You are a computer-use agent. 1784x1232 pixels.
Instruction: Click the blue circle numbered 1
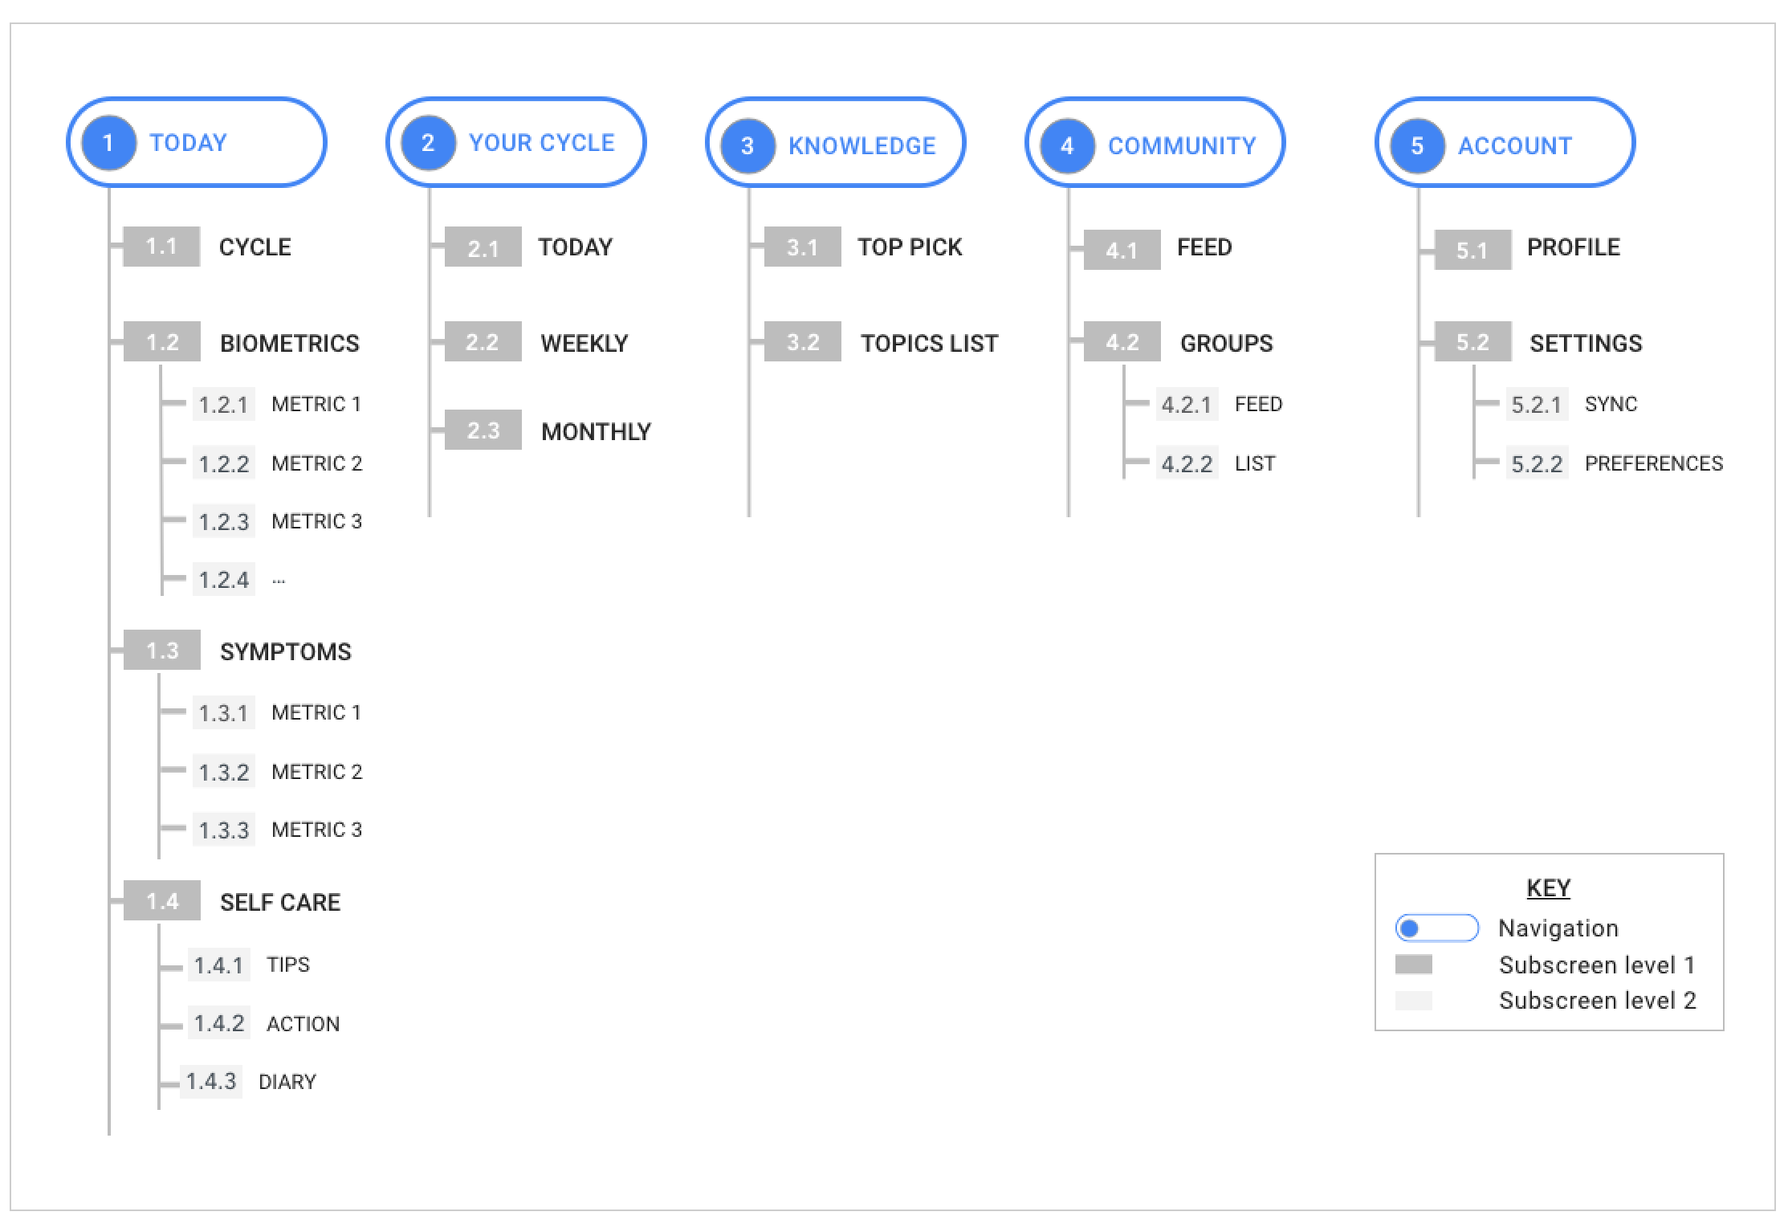108,144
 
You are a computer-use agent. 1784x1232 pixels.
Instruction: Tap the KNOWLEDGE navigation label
861,145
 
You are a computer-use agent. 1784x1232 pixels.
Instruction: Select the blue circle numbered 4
1067,145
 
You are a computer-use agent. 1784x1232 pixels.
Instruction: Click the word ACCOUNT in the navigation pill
1514,145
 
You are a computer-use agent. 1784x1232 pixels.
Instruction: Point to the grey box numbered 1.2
161,342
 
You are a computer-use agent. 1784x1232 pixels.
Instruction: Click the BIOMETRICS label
289,343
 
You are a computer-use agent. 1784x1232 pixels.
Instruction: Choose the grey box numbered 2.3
483,430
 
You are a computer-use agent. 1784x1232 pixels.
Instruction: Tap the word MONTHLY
596,431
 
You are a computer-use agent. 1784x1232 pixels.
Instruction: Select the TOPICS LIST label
929,343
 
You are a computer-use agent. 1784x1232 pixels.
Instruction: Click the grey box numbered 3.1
802,247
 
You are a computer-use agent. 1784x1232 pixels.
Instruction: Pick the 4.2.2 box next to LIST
1187,463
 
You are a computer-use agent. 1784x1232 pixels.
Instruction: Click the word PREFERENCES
1653,463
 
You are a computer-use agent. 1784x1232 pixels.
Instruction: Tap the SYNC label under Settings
1611,404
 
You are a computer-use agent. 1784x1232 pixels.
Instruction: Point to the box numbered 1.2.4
223,579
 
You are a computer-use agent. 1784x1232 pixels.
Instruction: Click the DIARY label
287,1082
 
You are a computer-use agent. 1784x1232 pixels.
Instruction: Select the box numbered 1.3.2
223,772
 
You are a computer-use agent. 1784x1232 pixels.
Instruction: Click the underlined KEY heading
1548,887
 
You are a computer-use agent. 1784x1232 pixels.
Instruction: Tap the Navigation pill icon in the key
1436,928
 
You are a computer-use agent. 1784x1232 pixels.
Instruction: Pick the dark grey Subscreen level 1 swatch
1413,965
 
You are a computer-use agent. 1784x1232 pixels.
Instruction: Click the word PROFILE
1573,247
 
